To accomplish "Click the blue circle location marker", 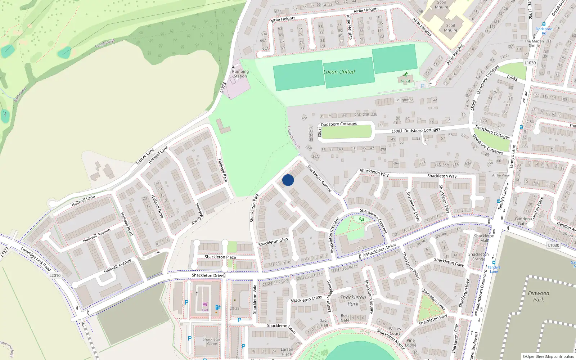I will pyautogui.click(x=288, y=180).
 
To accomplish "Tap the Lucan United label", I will pyautogui.click(x=339, y=72).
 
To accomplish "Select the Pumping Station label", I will pyautogui.click(x=240, y=74).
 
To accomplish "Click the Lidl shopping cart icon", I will pyautogui.click(x=205, y=305).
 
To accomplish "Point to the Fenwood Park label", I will pyautogui.click(x=539, y=296).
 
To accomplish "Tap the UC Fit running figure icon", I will pyautogui.click(x=406, y=75).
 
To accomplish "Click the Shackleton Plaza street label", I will pyautogui.click(x=220, y=257).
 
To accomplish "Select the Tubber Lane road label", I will pyautogui.click(x=145, y=157).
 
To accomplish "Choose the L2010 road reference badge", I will pyautogui.click(x=55, y=275).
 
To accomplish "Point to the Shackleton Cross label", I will pyautogui.click(x=306, y=299).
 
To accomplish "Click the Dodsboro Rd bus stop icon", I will pyautogui.click(x=544, y=24).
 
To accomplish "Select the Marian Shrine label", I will pyautogui.click(x=534, y=43).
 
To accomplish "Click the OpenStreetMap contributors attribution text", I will pyautogui.click(x=548, y=356).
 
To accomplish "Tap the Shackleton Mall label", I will pyautogui.click(x=484, y=238).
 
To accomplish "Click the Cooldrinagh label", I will pyautogui.click(x=105, y=44).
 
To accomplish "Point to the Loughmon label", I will pyautogui.click(x=404, y=100).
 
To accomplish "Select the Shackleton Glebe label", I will pyautogui.click(x=212, y=341).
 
